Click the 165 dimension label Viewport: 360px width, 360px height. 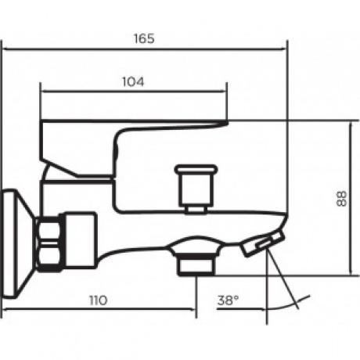pyautogui.click(x=144, y=38)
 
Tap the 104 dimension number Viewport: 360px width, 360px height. pyautogui.click(x=133, y=82)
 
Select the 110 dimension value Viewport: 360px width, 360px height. pyautogui.click(x=99, y=301)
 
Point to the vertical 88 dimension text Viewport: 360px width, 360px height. pyautogui.click(x=341, y=199)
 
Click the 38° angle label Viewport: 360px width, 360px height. pyautogui.click(x=228, y=301)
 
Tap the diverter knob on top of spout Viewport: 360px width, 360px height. pyautogui.click(x=196, y=185)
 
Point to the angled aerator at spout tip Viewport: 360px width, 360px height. pyautogui.click(x=263, y=244)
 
